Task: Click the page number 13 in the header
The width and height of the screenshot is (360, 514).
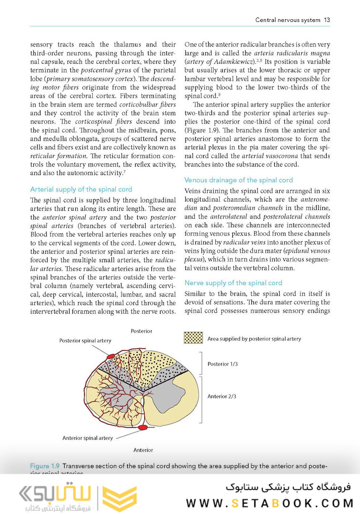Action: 327,20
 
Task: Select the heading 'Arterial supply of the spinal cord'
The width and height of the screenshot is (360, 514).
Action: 81,189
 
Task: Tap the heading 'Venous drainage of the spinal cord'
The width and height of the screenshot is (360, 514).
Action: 238,180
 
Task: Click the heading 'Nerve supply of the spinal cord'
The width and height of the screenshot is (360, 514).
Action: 233,283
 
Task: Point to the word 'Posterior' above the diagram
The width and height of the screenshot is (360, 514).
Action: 141,331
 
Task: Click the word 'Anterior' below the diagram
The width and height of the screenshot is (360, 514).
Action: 143,450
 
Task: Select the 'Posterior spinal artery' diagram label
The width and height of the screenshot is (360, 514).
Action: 85,341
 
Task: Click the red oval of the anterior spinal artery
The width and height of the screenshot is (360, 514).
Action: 143,428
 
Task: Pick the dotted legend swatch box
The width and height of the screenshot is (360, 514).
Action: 193,338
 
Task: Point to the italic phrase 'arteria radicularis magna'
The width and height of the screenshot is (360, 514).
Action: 293,53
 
